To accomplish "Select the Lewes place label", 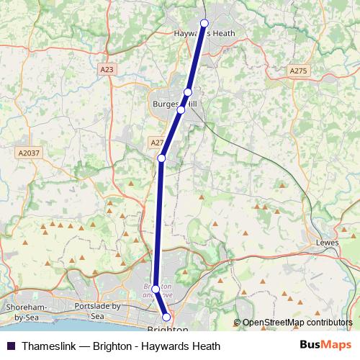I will [x=327, y=243].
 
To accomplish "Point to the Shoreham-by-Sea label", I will [x=28, y=311].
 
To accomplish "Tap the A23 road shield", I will [x=107, y=69].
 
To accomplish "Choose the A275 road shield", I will [x=298, y=71].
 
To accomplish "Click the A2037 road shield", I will [x=29, y=153].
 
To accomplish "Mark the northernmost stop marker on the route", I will [x=204, y=23].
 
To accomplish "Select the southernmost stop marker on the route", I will [x=166, y=317].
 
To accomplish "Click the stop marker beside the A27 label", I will [x=162, y=158].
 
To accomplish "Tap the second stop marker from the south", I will [x=156, y=289].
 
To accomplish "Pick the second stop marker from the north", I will [x=188, y=92].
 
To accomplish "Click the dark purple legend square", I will [x=10, y=346].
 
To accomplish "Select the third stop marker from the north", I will [x=181, y=109].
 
